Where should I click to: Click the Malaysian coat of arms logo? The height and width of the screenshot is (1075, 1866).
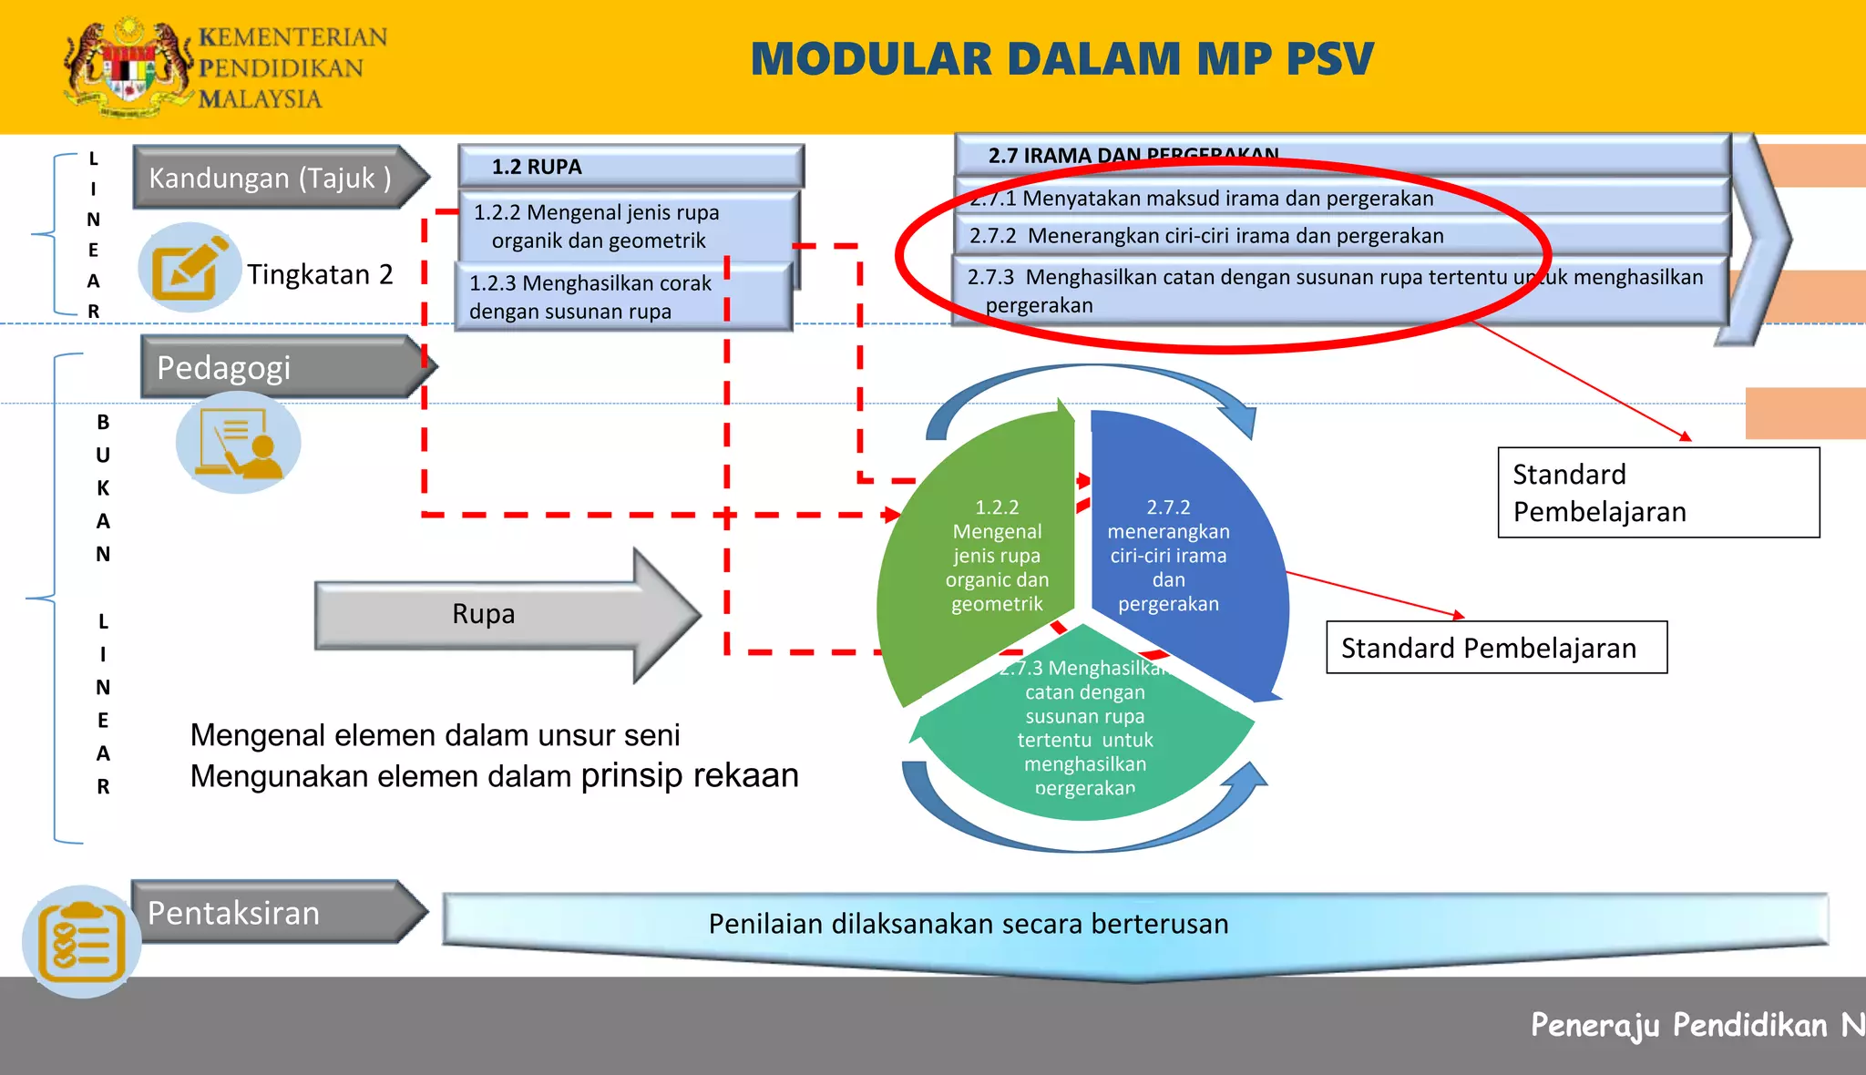(128, 68)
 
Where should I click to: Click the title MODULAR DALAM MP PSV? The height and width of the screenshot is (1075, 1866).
(1061, 59)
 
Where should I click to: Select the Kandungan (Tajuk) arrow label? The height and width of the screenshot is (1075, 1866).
(271, 178)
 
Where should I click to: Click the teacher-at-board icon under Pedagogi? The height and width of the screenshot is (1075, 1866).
(239, 443)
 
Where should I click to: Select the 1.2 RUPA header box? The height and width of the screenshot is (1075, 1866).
(631, 167)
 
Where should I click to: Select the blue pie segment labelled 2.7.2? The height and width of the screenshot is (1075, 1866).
(1175, 556)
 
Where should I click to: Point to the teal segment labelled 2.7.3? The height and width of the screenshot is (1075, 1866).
(1084, 738)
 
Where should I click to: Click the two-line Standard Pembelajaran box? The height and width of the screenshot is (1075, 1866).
(1658, 493)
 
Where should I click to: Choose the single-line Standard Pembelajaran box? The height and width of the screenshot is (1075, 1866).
(1496, 648)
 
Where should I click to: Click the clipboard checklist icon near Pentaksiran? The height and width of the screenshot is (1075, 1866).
(82, 942)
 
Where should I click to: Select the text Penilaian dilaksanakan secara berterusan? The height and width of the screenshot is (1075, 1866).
(968, 924)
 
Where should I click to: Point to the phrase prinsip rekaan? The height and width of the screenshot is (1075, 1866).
(690, 775)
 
